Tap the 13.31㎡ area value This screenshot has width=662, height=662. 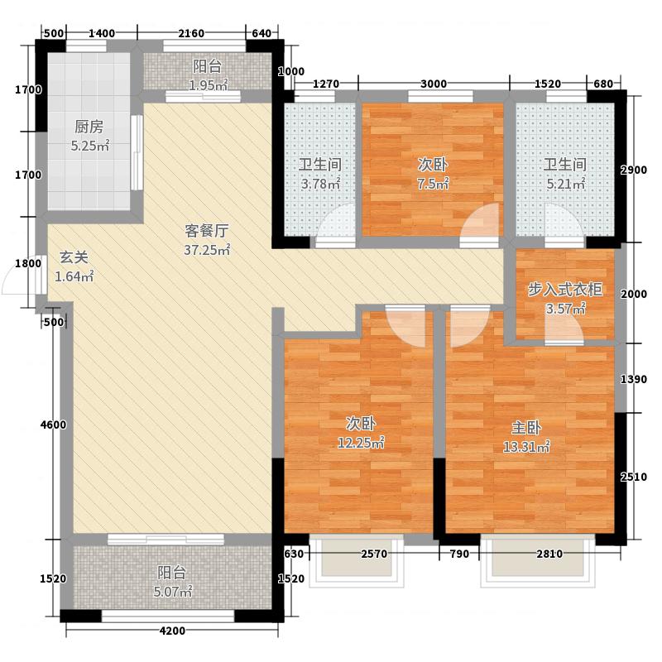point(526,448)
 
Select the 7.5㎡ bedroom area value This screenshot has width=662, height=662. point(433,184)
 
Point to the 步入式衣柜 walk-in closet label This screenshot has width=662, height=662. point(565,290)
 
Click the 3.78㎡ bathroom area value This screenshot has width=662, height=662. point(320,184)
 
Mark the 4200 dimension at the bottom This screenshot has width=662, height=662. point(172,631)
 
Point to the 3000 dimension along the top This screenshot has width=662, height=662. point(434,83)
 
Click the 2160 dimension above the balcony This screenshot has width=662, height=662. point(191,33)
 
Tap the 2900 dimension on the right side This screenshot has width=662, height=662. point(634,170)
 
